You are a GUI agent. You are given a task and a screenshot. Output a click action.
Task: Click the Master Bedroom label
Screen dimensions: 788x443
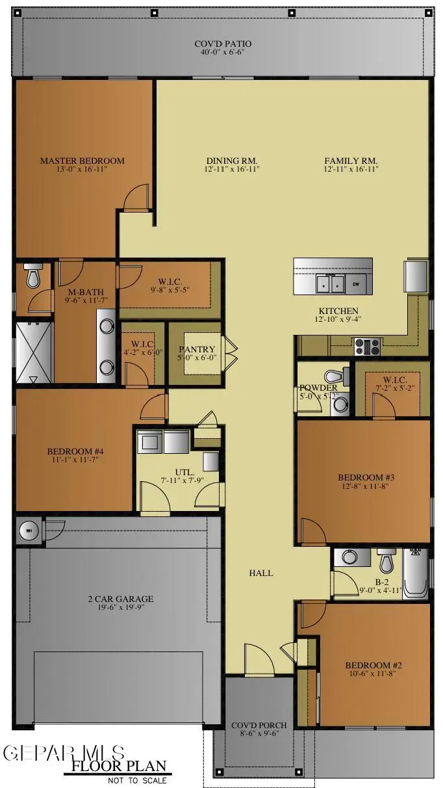click(82, 161)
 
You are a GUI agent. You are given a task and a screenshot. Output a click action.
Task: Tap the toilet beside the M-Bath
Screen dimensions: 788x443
click(32, 278)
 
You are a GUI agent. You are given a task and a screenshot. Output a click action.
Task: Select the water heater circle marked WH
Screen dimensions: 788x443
click(28, 531)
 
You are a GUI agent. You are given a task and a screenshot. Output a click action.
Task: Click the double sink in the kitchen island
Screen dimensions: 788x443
click(330, 284)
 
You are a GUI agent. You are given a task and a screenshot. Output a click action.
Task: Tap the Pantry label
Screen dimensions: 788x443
click(192, 350)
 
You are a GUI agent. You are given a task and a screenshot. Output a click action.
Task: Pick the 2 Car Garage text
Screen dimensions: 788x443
click(121, 599)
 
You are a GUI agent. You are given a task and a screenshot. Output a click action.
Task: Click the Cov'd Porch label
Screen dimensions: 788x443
click(259, 725)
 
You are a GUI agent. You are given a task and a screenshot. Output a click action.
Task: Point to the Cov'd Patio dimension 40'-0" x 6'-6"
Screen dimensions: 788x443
click(223, 53)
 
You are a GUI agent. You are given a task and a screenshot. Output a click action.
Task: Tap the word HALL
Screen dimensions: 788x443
click(260, 573)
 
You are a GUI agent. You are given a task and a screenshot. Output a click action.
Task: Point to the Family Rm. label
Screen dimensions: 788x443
click(351, 161)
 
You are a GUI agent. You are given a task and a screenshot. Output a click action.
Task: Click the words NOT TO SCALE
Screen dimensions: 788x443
click(137, 780)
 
